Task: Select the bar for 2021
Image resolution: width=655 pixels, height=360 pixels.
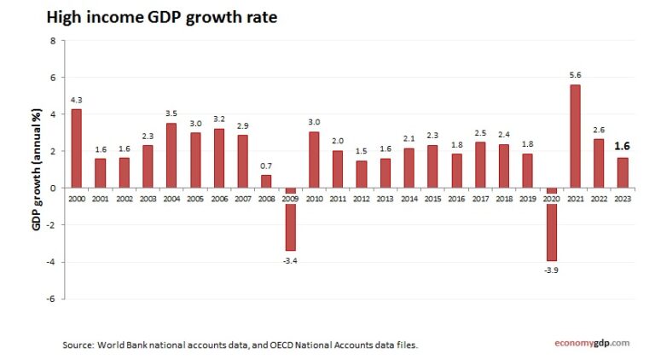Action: coord(575,136)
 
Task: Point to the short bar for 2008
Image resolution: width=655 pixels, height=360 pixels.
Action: coord(266,181)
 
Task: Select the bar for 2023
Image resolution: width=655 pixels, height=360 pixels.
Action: coord(622,172)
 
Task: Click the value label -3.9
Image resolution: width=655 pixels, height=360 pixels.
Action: coord(551,271)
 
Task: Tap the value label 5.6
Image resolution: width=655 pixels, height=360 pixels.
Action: coord(575,76)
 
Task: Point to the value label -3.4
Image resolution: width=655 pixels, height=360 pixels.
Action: coord(290,260)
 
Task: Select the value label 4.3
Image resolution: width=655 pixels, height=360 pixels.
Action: coord(77,100)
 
